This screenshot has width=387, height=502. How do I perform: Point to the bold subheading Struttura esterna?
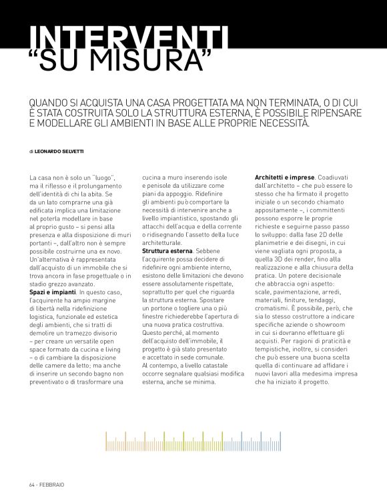point(165,250)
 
